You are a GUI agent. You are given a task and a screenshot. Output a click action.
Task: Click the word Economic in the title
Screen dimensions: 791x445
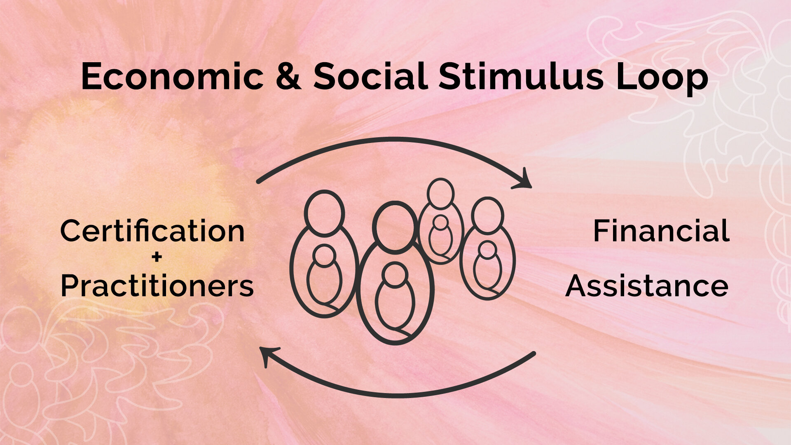(172, 77)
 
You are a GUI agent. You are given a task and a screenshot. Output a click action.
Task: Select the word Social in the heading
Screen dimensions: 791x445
(370, 77)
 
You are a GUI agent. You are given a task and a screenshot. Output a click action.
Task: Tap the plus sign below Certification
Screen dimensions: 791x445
(157, 258)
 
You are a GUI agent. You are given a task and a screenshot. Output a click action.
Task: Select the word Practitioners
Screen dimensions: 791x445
(157, 286)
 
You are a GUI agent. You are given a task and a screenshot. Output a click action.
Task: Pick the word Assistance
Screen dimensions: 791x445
(647, 286)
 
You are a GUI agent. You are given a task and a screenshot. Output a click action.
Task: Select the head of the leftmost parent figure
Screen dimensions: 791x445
(324, 213)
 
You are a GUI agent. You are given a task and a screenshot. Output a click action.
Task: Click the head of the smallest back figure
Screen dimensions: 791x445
(440, 193)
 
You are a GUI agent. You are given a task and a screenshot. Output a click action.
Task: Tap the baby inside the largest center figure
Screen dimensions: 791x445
(395, 297)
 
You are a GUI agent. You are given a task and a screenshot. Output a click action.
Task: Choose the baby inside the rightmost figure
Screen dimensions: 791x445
(487, 268)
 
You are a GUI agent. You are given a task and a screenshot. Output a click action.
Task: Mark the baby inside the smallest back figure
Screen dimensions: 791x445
(440, 237)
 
